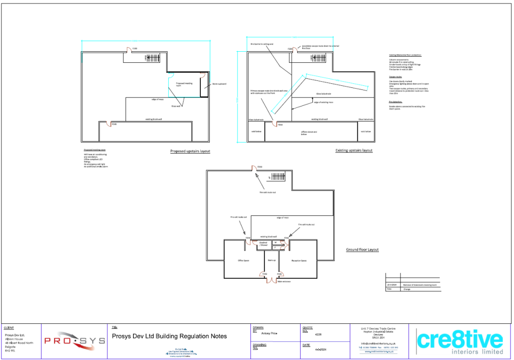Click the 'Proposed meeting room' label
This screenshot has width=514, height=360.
point(184,84)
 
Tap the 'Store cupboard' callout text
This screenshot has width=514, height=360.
point(219,84)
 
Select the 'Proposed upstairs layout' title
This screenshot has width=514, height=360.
point(190,151)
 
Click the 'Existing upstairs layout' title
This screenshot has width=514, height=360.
point(354,150)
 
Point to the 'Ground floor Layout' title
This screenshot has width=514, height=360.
point(362,250)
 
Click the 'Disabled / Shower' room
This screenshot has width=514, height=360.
point(264,245)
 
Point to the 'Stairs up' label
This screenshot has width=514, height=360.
point(272,261)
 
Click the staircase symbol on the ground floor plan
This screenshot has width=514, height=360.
point(277,177)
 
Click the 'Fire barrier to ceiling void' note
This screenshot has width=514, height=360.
point(262,44)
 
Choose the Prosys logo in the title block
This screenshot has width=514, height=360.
point(74,341)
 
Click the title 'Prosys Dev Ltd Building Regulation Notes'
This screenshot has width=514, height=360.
point(169,336)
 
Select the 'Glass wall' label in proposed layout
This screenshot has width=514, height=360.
point(176,106)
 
